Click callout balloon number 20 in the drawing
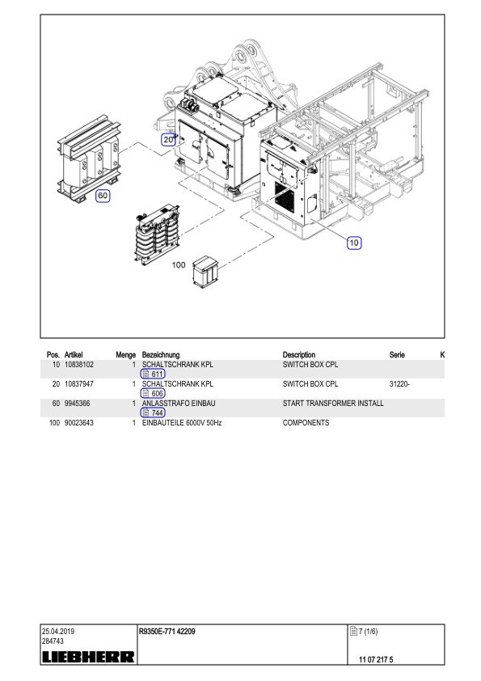(168, 139)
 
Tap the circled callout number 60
(103, 196)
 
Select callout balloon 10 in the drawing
(354, 243)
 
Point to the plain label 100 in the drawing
(179, 265)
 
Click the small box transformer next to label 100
(205, 272)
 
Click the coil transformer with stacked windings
(157, 234)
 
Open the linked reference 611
(153, 374)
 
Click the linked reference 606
(153, 394)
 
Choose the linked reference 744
(153, 413)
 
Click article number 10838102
(79, 365)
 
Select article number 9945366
(78, 404)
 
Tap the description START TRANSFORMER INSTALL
(333, 404)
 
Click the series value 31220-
(399, 384)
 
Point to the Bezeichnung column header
(161, 355)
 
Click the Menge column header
(126, 355)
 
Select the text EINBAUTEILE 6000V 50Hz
(182, 423)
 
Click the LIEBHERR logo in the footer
(88, 657)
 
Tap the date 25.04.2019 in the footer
(58, 632)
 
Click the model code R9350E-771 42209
(167, 632)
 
